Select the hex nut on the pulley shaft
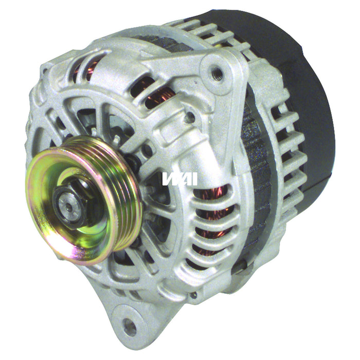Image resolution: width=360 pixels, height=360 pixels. tap(66, 194)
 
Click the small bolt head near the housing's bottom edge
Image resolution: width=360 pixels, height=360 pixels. tap(194, 295)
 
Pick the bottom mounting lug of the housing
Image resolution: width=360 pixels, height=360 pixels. tap(131, 319)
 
